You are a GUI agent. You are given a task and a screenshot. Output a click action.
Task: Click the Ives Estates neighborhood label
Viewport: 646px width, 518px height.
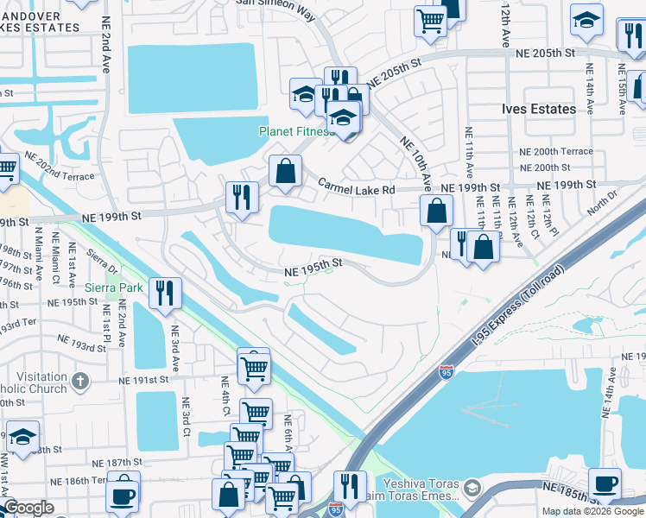click(x=539, y=110)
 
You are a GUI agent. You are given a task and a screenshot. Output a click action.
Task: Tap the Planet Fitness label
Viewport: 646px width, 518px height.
click(x=297, y=132)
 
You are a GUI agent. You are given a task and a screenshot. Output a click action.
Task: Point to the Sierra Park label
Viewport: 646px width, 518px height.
click(x=114, y=287)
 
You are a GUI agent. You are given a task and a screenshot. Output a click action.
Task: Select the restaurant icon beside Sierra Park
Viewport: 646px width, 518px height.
click(x=164, y=294)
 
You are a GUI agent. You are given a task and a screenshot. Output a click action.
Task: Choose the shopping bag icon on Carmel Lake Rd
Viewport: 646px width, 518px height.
click(x=285, y=171)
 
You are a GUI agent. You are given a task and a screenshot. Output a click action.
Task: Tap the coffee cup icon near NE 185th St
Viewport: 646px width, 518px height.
click(x=605, y=484)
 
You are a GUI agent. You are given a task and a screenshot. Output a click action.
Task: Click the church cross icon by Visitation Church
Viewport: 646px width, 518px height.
click(x=79, y=381)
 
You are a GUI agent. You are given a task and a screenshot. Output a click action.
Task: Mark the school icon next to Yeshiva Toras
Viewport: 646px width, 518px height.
click(x=472, y=490)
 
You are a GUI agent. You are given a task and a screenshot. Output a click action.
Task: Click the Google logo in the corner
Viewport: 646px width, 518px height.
click(x=28, y=508)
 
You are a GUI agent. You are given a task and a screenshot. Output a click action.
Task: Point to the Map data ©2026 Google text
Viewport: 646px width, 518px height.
click(x=592, y=511)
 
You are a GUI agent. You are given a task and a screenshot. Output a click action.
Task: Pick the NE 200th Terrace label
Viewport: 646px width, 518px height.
click(x=556, y=151)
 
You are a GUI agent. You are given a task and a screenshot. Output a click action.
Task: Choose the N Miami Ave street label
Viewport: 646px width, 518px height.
click(x=38, y=251)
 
